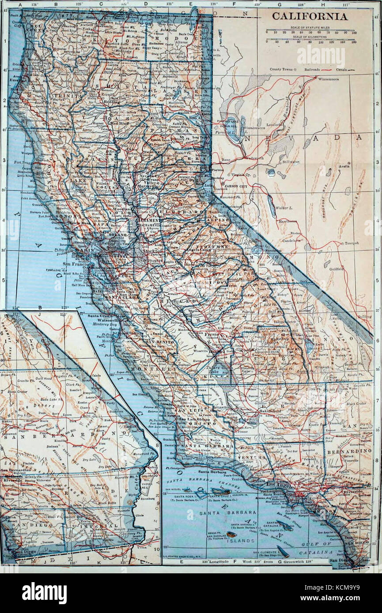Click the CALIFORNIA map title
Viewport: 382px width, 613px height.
tap(309, 17)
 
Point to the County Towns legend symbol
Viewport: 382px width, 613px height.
tap(295, 70)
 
